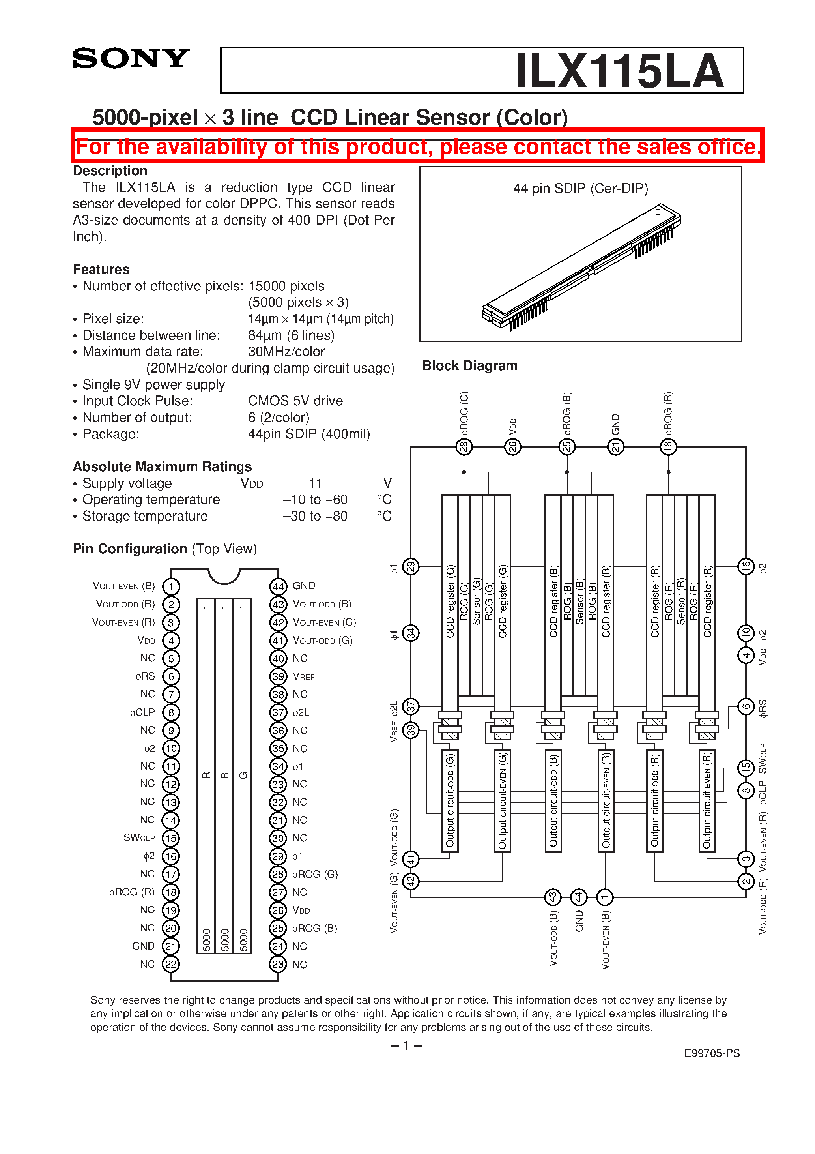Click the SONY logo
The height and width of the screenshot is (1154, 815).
point(131,58)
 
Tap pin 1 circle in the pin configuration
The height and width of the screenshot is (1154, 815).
point(171,586)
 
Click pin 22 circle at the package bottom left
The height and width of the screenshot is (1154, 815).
point(171,964)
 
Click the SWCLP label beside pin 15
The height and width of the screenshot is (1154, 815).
point(139,838)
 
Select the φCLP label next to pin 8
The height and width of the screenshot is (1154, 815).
point(142,712)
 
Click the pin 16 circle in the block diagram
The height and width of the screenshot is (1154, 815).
point(746,566)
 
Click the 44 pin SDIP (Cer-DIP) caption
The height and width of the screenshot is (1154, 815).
point(580,189)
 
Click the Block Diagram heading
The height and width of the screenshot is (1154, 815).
point(469,365)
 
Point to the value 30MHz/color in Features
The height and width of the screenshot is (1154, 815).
point(286,351)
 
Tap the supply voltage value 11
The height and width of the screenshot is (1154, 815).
point(315,483)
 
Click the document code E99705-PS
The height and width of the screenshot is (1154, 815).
point(712,1053)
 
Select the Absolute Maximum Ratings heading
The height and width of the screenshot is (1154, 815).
point(162,466)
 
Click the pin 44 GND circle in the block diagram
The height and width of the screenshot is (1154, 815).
point(579,897)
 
